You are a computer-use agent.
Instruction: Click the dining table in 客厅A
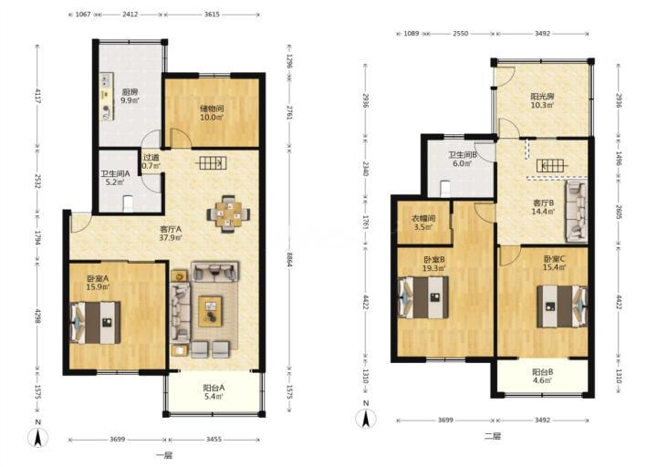pos(228,214)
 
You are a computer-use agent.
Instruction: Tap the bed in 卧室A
pos(96,323)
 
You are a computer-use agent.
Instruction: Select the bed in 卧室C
pos(562,306)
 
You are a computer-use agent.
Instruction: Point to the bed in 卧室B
pos(423,297)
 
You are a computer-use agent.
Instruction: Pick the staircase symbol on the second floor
pos(553,165)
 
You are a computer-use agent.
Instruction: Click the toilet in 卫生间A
pos(129,204)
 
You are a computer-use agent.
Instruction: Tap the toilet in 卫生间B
pos(445,189)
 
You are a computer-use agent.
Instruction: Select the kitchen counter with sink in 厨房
pos(107,98)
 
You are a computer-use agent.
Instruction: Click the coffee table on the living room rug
pos(211,311)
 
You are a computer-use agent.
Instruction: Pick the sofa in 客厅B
pos(576,212)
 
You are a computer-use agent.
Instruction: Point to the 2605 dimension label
pos(619,212)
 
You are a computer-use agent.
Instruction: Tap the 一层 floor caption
pos(164,456)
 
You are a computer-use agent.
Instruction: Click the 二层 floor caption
pos(493,436)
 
